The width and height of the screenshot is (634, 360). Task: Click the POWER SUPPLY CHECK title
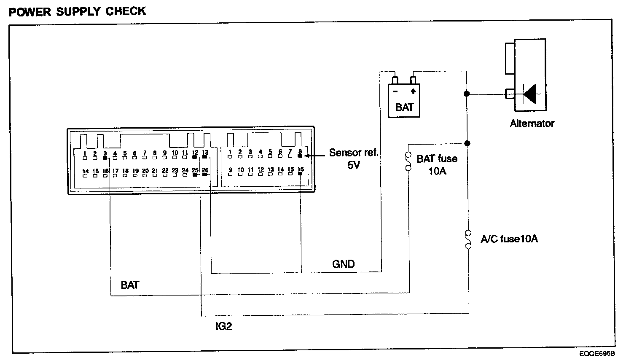(x=78, y=11)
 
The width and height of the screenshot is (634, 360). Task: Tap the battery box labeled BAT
(x=404, y=101)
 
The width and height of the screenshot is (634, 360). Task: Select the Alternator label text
(x=532, y=124)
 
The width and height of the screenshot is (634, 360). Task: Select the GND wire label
(x=344, y=264)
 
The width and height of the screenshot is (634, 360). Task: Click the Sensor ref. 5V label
(x=353, y=159)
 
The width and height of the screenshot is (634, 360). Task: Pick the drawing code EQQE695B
(x=596, y=353)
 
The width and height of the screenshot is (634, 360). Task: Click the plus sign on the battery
(x=413, y=91)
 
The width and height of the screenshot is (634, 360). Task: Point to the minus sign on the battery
(x=395, y=91)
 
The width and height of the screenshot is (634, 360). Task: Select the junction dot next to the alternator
(x=467, y=94)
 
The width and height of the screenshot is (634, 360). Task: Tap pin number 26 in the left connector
(x=205, y=170)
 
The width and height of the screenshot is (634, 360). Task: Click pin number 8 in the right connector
(x=300, y=152)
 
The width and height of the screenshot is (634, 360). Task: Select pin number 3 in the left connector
(x=105, y=153)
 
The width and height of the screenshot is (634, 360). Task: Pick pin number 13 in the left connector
(x=205, y=153)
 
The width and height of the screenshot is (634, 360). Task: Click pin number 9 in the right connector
(x=230, y=170)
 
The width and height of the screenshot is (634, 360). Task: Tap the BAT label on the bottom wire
(x=129, y=285)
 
